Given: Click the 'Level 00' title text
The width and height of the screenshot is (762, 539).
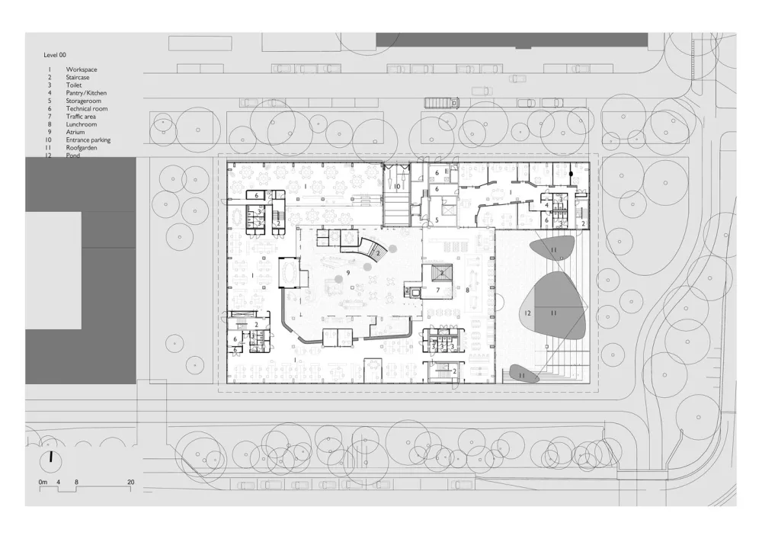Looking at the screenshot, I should coord(57,56).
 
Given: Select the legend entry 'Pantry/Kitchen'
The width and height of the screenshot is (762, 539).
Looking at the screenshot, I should coord(86,93).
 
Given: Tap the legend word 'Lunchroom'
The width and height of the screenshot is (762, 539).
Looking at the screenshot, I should coord(81,124).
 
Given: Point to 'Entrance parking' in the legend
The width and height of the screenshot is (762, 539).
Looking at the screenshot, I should coord(88,140).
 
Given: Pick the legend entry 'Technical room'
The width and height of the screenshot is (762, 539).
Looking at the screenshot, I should coord(87,109).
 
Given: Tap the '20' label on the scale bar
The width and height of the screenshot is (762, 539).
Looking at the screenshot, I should coord(131,483).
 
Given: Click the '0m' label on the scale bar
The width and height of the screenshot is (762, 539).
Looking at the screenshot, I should coord(43,483).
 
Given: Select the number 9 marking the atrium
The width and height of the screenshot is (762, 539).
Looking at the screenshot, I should coord(348,272).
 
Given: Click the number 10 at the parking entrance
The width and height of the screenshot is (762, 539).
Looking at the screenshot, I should coord(397,186).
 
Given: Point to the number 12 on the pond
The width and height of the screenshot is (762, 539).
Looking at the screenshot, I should coord(527,313).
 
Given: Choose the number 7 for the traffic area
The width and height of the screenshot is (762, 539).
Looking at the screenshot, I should coord(438,290).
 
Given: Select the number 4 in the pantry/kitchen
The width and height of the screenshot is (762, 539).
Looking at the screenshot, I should coord(546,205).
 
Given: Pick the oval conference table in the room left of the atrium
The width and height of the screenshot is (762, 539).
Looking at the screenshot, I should coord(290,272).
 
